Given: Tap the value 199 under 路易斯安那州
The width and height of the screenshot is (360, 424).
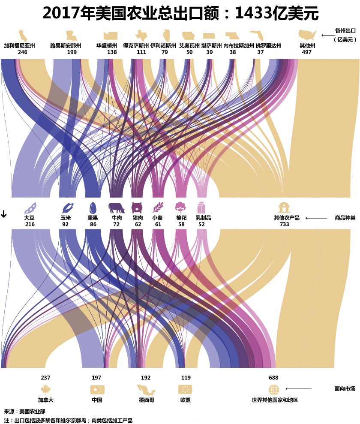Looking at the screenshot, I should pyautogui.click(x=72, y=52).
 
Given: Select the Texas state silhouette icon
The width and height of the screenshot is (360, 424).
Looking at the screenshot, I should pyautogui.click(x=141, y=36).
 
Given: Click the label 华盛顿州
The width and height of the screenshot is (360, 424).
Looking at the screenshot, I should pyautogui.click(x=106, y=45).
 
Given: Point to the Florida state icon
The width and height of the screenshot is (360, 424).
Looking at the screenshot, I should pyautogui.click(x=257, y=36).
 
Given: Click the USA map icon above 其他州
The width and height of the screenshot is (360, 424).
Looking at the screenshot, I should pyautogui.click(x=307, y=36).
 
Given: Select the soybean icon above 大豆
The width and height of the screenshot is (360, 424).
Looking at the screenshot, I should pyautogui.click(x=30, y=208).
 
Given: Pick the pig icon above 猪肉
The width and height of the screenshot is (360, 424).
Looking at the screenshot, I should pyautogui.click(x=137, y=208).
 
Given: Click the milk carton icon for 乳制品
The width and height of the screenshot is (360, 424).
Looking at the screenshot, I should pyautogui.click(x=201, y=208).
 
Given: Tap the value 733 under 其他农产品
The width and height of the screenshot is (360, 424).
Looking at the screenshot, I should pyautogui.click(x=284, y=224).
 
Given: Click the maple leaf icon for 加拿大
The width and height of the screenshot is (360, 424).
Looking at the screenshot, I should pyautogui.click(x=45, y=390).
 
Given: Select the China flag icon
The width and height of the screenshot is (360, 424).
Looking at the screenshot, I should pyautogui.click(x=97, y=390).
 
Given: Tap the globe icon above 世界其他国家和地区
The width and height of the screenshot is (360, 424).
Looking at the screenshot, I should pyautogui.click(x=274, y=390).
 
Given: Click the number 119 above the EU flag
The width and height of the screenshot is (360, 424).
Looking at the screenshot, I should pyautogui.click(x=186, y=378).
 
